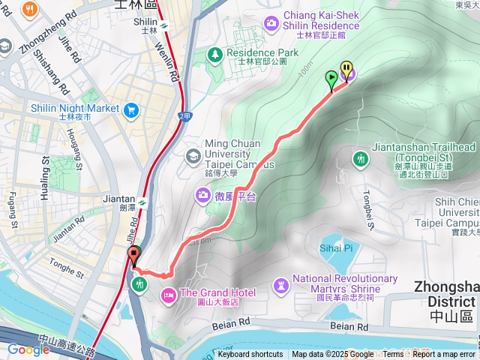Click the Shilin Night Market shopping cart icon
132,109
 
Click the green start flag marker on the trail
331,77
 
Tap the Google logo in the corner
28,349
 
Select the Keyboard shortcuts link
250,355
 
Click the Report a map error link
443,355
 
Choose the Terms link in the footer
393,355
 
